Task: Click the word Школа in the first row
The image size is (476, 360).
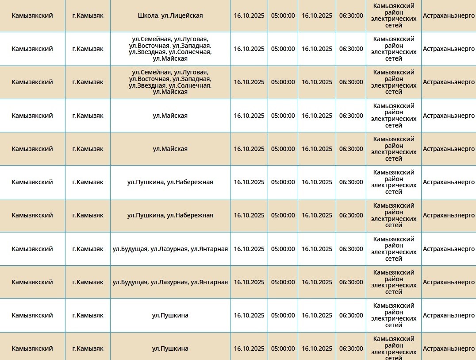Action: tap(148, 15)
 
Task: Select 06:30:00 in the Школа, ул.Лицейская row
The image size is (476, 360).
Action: tap(351, 15)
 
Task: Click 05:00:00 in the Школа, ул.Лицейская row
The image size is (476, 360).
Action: tap(283, 15)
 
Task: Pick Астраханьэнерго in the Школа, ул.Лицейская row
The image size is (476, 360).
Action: tap(449, 15)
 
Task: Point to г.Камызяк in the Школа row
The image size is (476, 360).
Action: tap(88, 15)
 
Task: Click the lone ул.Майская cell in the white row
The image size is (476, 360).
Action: tap(170, 116)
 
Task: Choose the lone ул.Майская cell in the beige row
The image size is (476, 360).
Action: tap(170, 149)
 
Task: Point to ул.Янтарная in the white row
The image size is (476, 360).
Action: tap(209, 249)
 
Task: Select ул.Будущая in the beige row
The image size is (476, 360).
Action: tap(130, 282)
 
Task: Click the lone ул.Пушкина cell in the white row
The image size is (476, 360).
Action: tap(170, 315)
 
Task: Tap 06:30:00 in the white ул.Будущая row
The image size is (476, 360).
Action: tap(351, 249)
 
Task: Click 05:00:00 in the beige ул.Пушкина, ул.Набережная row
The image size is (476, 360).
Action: tap(283, 215)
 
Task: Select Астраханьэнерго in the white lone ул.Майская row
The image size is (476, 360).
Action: tap(449, 116)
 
